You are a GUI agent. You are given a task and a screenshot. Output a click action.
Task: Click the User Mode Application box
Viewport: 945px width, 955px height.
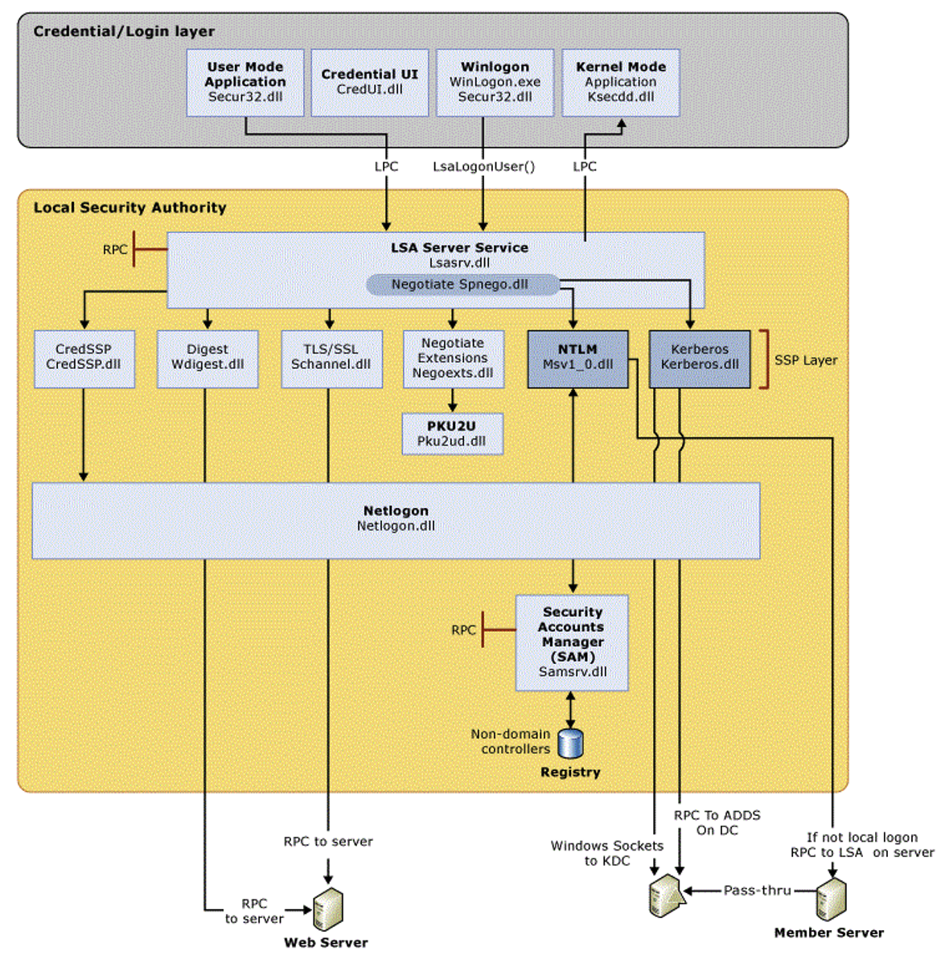click(x=245, y=82)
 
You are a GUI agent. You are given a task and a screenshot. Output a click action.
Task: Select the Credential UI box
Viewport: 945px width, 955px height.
click(x=370, y=82)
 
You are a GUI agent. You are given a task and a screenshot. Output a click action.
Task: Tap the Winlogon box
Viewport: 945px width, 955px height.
click(x=495, y=82)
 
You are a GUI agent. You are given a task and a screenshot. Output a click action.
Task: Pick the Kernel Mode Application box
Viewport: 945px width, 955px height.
click(x=620, y=82)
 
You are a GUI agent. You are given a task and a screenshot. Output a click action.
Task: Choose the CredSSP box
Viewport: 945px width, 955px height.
click(x=84, y=359)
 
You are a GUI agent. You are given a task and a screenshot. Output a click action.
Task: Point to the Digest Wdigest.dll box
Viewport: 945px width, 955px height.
click(x=207, y=359)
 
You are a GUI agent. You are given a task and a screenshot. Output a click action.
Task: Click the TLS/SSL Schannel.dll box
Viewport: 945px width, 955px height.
click(x=331, y=359)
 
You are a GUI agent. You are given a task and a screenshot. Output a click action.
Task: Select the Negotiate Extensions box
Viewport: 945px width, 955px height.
click(x=453, y=359)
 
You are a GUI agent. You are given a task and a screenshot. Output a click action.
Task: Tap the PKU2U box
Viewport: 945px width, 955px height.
click(x=452, y=434)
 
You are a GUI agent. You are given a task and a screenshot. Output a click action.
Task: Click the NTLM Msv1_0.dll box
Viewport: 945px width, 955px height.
click(x=577, y=359)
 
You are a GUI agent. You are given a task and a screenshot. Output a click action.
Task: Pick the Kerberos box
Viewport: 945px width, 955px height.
click(x=700, y=359)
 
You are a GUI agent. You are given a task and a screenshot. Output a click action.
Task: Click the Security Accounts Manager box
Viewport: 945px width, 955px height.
click(x=572, y=642)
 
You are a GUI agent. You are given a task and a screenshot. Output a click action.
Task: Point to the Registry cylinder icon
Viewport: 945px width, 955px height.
click(x=570, y=744)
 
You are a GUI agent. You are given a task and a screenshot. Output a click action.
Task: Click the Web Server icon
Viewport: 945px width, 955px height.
click(x=327, y=909)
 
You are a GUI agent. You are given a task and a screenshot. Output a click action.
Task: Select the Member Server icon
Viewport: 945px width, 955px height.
click(x=831, y=900)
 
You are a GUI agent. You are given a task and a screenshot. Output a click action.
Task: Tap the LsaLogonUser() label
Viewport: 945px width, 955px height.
click(x=483, y=166)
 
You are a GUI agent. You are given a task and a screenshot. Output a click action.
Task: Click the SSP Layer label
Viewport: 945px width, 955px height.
click(x=805, y=360)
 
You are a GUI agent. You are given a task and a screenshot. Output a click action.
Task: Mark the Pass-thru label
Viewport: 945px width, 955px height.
click(x=757, y=890)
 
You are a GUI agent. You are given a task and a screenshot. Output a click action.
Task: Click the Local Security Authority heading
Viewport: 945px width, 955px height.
click(x=129, y=207)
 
